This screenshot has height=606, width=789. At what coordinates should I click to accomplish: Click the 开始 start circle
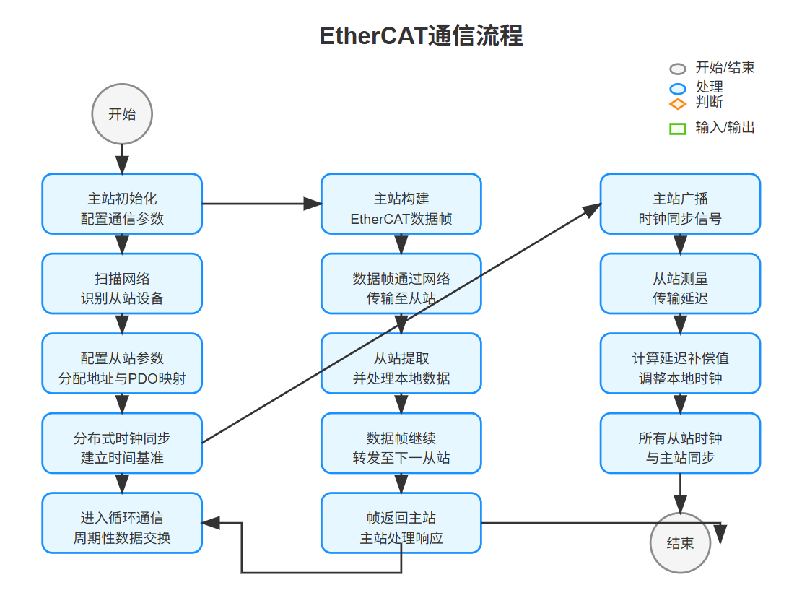[x=122, y=114]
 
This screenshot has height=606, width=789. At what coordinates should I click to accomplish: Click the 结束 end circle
[x=680, y=543]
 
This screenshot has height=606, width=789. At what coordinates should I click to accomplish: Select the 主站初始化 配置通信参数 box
[x=122, y=204]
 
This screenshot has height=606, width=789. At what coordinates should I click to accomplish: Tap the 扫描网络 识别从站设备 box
[x=122, y=284]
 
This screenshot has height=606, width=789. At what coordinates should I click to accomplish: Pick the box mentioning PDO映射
[x=122, y=363]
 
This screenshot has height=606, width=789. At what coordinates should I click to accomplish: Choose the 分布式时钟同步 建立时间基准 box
[x=122, y=443]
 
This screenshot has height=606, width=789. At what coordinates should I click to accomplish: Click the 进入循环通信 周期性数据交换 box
[x=122, y=523]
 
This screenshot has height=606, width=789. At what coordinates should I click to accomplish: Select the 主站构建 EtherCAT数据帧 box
[x=401, y=204]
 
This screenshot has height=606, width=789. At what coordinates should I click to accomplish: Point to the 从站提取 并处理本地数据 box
[x=401, y=363]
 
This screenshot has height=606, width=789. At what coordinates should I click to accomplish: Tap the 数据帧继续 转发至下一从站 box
[x=401, y=443]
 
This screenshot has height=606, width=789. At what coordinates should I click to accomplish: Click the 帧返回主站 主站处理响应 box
[x=401, y=523]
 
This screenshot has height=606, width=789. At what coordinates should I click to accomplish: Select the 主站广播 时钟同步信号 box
[x=680, y=204]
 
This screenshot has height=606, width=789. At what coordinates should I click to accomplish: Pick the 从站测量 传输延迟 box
[x=680, y=284]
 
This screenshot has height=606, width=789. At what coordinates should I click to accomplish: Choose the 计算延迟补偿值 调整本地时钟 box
[x=680, y=363]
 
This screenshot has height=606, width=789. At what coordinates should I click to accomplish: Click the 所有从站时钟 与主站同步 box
[x=680, y=443]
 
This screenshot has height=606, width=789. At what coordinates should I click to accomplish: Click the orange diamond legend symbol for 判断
[x=678, y=104]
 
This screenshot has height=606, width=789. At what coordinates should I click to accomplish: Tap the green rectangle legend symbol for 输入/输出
[x=678, y=129]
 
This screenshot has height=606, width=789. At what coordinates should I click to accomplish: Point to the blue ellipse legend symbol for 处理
[x=678, y=89]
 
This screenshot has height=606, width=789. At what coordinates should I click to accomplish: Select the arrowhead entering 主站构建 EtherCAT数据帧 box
[x=313, y=204]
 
